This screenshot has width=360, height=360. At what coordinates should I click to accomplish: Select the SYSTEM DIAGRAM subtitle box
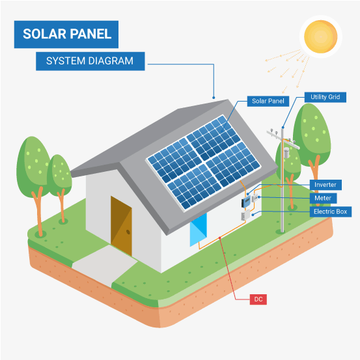tap(90, 61)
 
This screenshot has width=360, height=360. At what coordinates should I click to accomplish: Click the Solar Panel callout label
tap(268, 101)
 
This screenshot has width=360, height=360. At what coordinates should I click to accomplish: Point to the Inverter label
tap(325, 185)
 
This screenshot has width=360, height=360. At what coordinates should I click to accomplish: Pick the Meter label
tap(322, 198)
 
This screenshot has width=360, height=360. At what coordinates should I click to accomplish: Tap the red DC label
tap(258, 299)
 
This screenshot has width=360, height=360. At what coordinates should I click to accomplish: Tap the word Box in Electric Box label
tap(342, 212)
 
